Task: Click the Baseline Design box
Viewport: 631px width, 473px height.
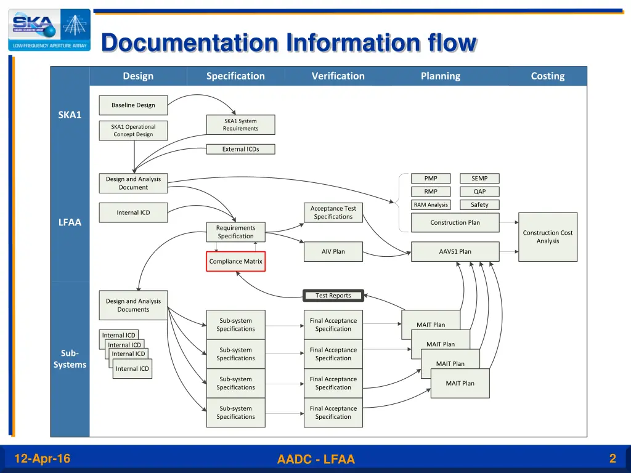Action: click(x=133, y=105)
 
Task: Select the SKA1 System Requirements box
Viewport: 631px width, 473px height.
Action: click(x=240, y=125)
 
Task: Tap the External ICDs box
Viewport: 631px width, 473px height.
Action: click(x=240, y=149)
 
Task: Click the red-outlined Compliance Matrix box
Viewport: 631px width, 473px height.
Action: click(x=235, y=261)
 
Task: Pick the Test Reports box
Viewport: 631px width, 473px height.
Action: click(x=333, y=296)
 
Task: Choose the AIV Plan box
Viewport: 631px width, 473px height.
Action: click(x=333, y=251)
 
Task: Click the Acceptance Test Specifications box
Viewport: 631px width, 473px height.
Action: click(x=333, y=212)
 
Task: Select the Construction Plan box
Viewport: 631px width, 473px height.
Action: click(x=455, y=222)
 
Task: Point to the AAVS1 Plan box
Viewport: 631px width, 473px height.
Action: click(x=455, y=251)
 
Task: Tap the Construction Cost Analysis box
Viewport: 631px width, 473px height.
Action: click(x=548, y=237)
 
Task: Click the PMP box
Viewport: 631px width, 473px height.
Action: click(x=431, y=179)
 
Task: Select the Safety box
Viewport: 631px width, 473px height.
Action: click(x=479, y=205)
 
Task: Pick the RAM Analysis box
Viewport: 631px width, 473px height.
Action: click(x=431, y=205)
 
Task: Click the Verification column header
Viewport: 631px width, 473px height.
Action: click(x=338, y=76)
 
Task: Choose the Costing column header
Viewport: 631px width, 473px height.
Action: click(x=548, y=76)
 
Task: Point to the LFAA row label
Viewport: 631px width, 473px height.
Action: click(x=70, y=222)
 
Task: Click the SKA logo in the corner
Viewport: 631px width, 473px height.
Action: click(x=49, y=30)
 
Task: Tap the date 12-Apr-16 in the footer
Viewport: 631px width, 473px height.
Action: click(x=42, y=458)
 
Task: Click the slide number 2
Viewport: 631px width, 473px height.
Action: click(x=613, y=458)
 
